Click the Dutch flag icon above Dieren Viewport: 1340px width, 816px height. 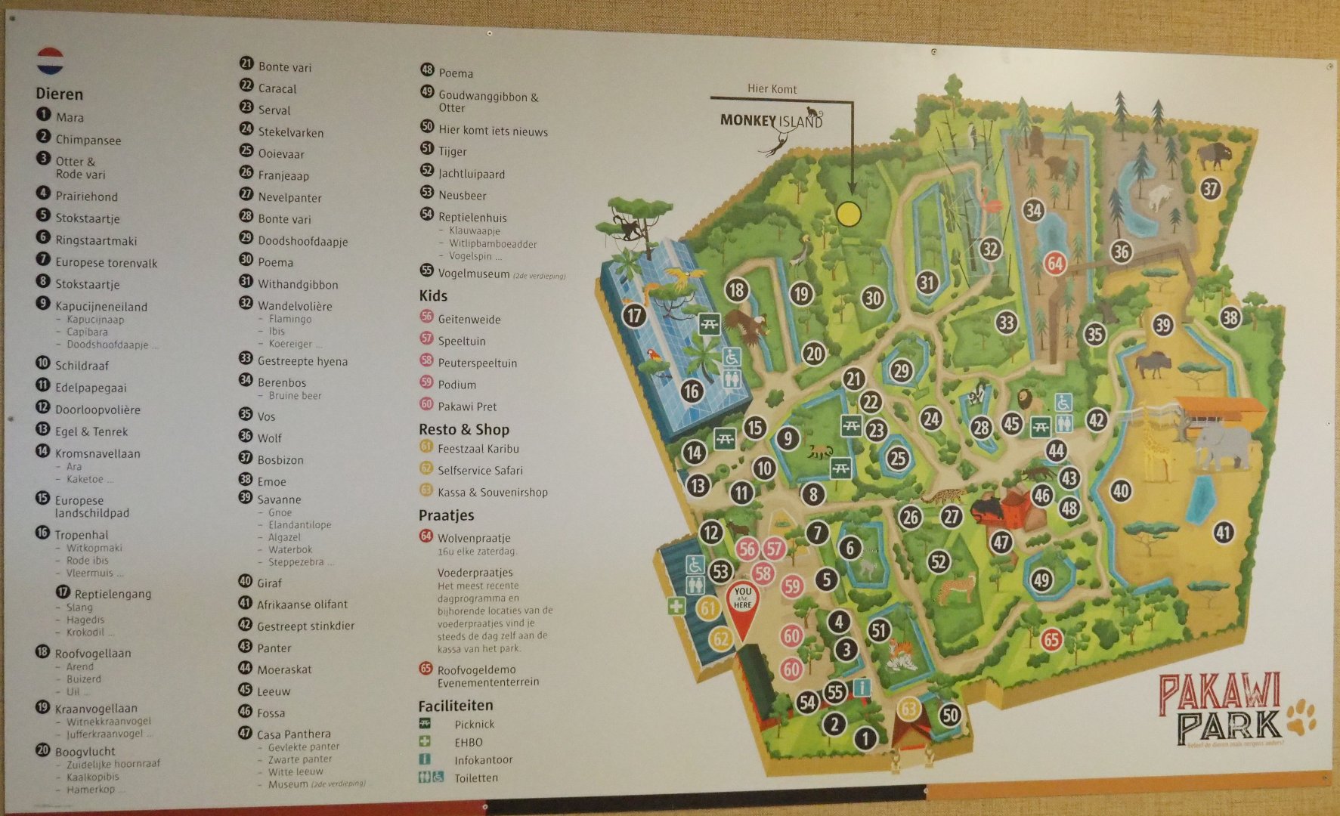(51, 61)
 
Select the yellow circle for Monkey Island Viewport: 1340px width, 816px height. (849, 214)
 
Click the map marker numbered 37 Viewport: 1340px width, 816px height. (1211, 187)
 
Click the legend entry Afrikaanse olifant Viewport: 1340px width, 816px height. (302, 604)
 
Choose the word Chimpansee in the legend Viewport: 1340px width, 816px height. (88, 140)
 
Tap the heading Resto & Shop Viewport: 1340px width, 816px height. (464, 429)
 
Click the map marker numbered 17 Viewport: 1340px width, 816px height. (634, 315)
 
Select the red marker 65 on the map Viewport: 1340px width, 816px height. (1051, 640)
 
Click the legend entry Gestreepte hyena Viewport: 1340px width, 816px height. (302, 361)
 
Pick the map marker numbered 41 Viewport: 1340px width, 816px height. (1223, 533)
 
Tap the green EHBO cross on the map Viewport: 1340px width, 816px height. (676, 606)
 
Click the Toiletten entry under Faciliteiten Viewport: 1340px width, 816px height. (475, 777)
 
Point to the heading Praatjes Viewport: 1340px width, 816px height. (446, 515)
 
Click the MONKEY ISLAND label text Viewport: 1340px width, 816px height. (771, 120)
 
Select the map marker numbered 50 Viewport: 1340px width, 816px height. (950, 715)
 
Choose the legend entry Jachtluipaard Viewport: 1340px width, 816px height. (472, 174)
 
